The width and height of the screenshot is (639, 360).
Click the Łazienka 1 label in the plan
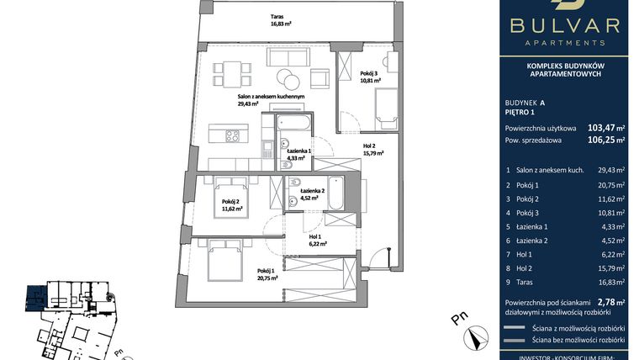click(x=298, y=154)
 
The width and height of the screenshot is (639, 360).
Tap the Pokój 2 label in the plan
click(x=233, y=205)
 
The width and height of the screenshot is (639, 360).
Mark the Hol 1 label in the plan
click(x=316, y=240)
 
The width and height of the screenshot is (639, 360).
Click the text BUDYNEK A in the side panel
click(x=525, y=101)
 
